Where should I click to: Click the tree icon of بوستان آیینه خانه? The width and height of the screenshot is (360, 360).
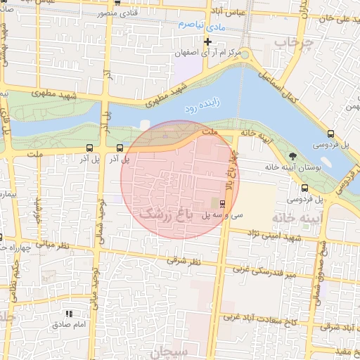point(292,155)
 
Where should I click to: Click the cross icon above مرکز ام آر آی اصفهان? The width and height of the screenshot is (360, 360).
point(207,41)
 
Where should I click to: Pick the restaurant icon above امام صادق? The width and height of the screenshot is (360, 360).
point(69,314)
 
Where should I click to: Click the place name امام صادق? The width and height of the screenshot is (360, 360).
point(69,325)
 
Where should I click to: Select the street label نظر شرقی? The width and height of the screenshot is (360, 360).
point(184,261)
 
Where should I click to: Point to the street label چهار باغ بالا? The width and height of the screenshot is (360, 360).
point(228,169)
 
